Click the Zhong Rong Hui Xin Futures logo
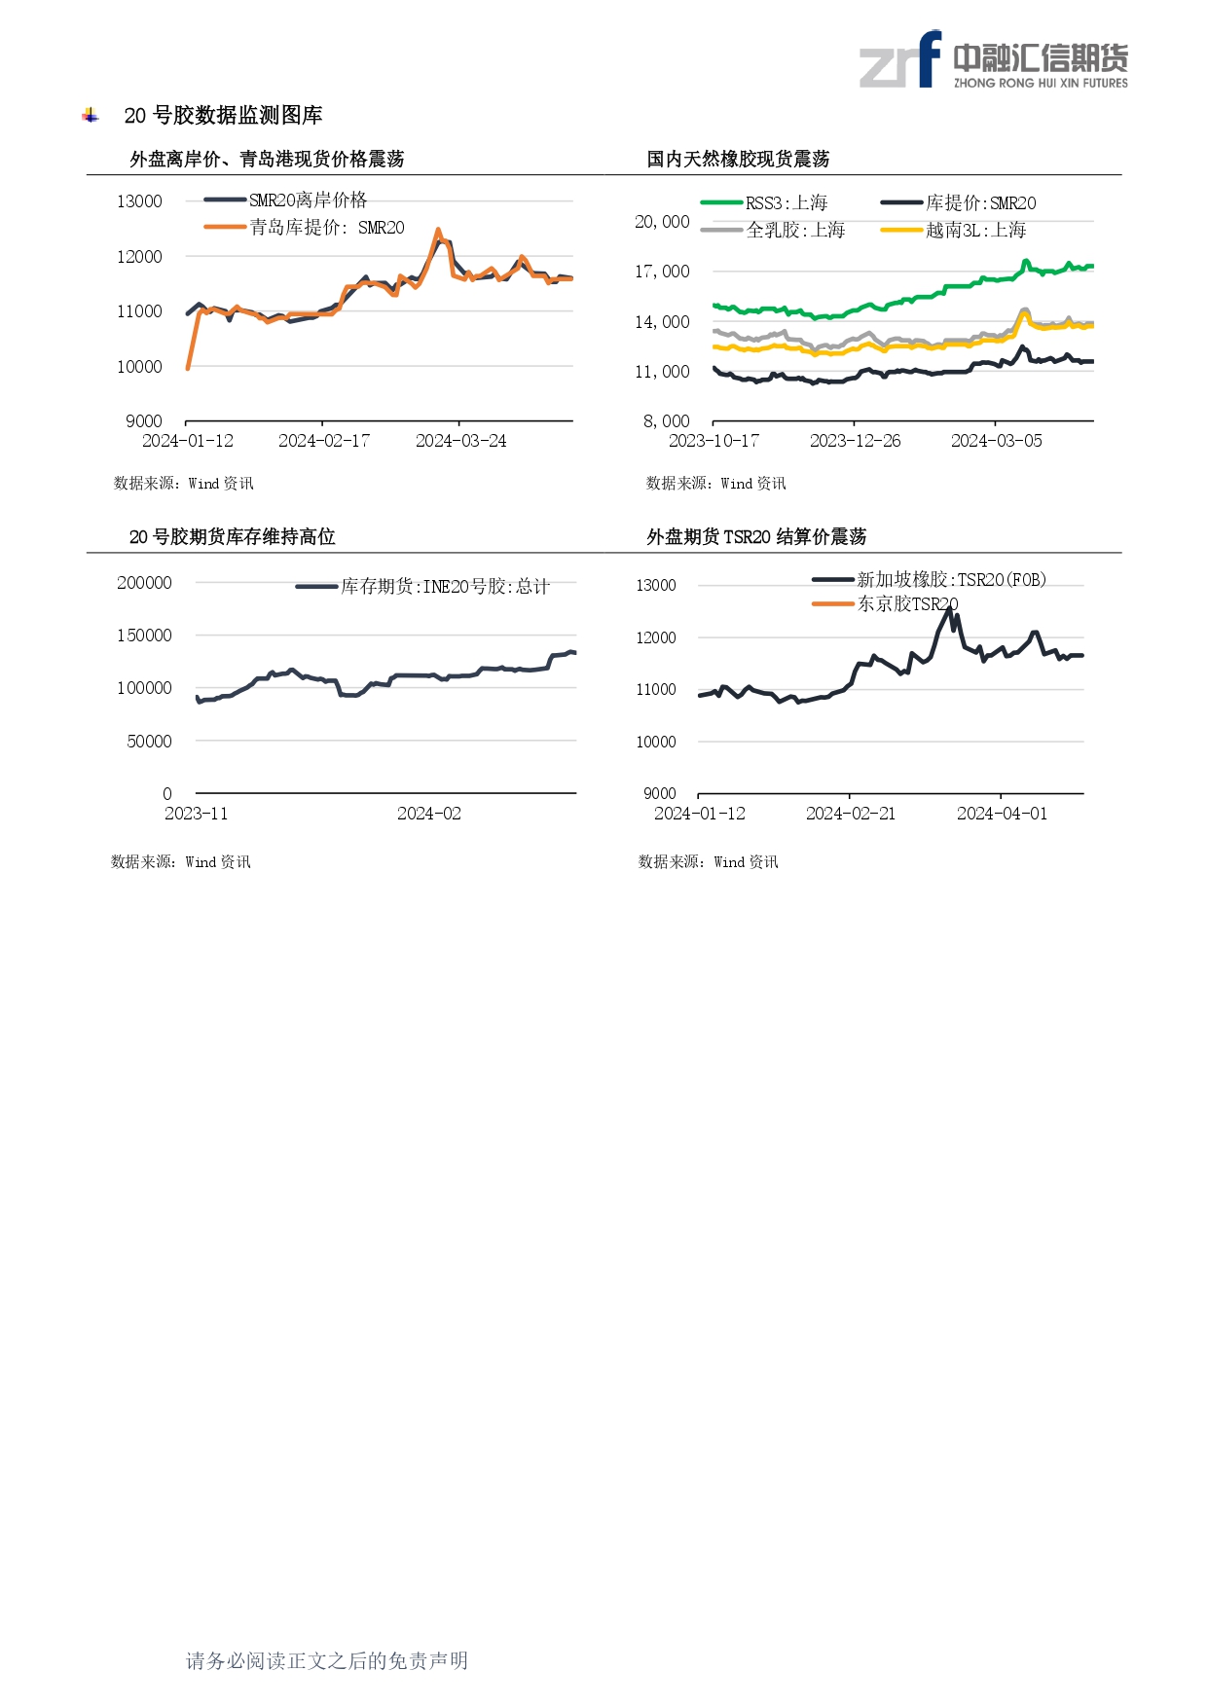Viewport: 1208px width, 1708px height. tap(993, 60)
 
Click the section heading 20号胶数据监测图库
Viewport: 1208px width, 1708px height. tap(223, 116)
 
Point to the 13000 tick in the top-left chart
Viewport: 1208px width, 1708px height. tap(139, 201)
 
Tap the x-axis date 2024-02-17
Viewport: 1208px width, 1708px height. tap(323, 441)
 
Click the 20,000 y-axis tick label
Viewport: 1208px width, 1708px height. tap(662, 222)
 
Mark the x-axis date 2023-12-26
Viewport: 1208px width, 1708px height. tap(855, 441)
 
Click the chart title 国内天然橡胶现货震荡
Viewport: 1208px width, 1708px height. tap(738, 159)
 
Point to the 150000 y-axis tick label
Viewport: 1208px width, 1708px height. tap(144, 636)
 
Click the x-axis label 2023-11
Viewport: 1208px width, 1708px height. tap(196, 814)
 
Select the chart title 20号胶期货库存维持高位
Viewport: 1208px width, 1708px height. tap(232, 536)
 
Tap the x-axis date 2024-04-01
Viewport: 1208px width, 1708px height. tap(1002, 814)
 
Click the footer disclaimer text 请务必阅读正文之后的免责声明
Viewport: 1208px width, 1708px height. tap(326, 1660)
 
